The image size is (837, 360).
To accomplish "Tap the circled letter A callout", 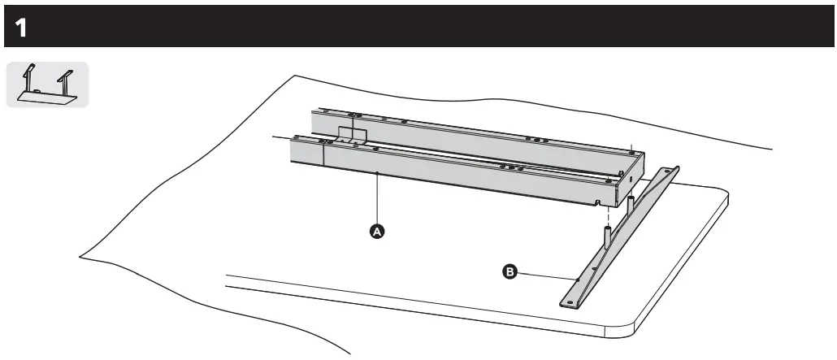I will click(375, 231).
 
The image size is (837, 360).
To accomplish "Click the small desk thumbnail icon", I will click(47, 83).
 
